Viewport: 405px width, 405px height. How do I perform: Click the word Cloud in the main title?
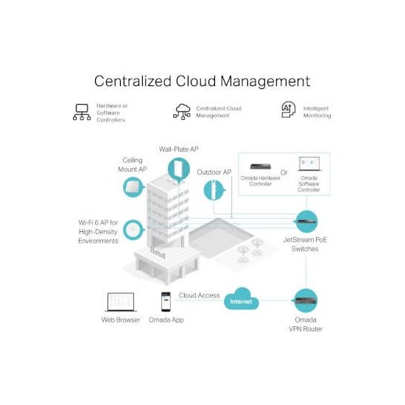coord(196,81)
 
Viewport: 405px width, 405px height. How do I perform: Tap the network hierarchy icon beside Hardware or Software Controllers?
coord(82,112)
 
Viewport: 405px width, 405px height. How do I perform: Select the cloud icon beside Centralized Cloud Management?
coord(182,112)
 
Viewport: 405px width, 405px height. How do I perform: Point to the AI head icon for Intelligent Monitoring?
coord(289,110)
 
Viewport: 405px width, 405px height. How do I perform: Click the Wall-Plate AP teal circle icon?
coord(178,169)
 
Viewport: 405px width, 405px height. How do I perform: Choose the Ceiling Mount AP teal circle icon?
coord(133,187)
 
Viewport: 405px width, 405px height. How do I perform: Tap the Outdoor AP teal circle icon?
coord(214,191)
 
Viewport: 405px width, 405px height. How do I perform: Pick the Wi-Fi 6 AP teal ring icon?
coord(133,230)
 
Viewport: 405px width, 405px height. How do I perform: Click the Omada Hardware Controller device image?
coord(261,166)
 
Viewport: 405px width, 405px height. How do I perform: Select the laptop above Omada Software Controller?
coord(309,163)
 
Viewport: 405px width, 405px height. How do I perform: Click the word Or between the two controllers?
coord(283,172)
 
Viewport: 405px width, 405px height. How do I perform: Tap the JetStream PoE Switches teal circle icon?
coord(306,222)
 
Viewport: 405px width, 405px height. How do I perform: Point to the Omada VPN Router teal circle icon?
coord(306,300)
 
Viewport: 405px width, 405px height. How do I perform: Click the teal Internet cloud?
coord(242,299)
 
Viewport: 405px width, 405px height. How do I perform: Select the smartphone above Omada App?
coord(166,302)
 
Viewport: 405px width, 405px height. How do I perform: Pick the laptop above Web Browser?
coord(121,302)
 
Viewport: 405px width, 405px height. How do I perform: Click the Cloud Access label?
coord(199,295)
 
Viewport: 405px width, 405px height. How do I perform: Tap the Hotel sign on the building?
coord(158,253)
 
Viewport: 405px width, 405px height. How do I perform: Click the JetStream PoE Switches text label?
coord(305,244)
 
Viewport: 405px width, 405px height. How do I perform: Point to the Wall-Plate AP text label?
coord(179,149)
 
